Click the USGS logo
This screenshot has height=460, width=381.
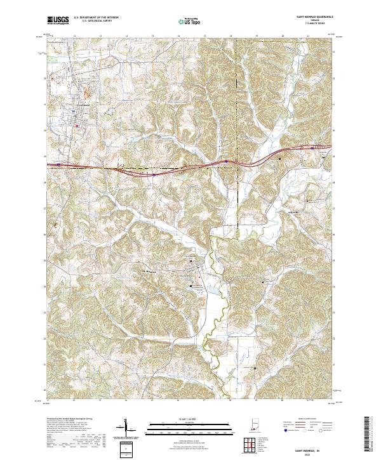pos(58,20)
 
